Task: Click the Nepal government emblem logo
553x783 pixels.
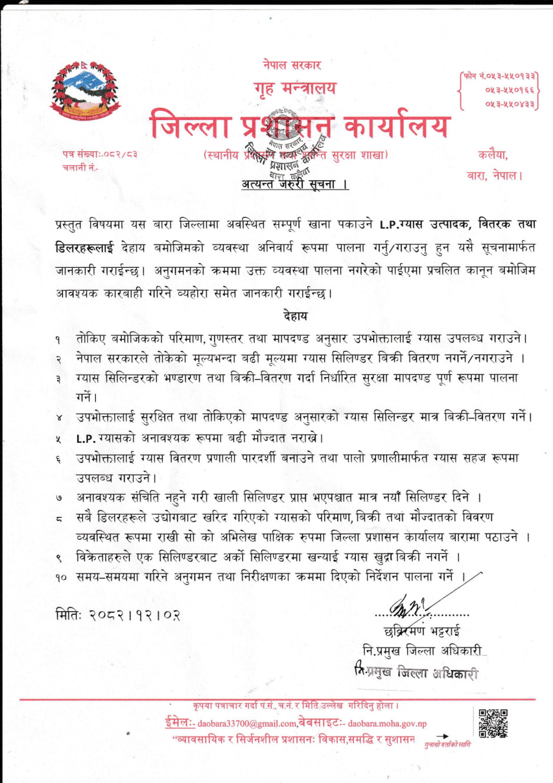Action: pos(85,89)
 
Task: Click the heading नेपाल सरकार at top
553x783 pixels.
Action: pos(292,65)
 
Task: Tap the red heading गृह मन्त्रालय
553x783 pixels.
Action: pos(295,88)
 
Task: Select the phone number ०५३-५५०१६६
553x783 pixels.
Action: pos(509,90)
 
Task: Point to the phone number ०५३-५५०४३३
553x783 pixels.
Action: pos(509,104)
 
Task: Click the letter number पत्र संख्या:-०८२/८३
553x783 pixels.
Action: pos(100,154)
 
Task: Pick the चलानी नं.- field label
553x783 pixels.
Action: pos(81,168)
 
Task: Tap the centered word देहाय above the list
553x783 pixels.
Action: pos(295,316)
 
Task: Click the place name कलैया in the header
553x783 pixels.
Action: pos(492,155)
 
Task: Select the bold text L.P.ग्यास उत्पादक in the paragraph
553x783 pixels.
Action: pos(424,224)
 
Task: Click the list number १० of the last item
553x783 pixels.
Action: pos(61,578)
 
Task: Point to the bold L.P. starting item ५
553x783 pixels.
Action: pos(86,439)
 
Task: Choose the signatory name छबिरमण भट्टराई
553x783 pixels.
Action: pos(422,632)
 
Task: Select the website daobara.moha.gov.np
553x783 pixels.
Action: pos(387,724)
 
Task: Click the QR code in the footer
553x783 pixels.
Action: pos(493,723)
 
